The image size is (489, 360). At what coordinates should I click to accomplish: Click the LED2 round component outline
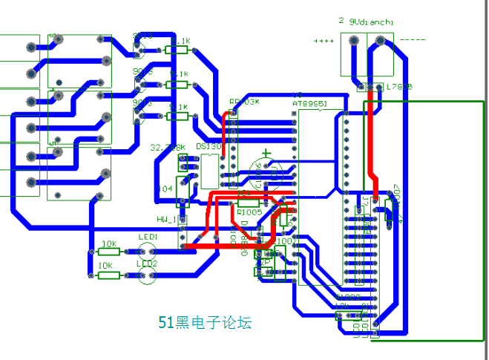(147, 275)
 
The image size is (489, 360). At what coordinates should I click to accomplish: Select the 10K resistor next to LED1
(109, 252)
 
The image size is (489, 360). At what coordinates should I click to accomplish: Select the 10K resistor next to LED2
(109, 275)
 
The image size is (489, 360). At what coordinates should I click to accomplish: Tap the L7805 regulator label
(398, 87)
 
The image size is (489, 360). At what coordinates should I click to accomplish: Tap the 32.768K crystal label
(167, 147)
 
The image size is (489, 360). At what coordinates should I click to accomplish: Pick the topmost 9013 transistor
(138, 46)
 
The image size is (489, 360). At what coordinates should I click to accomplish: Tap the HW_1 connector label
(166, 219)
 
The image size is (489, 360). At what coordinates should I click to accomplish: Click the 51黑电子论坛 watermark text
(206, 322)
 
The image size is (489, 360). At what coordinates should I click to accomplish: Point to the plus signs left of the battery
(324, 41)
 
